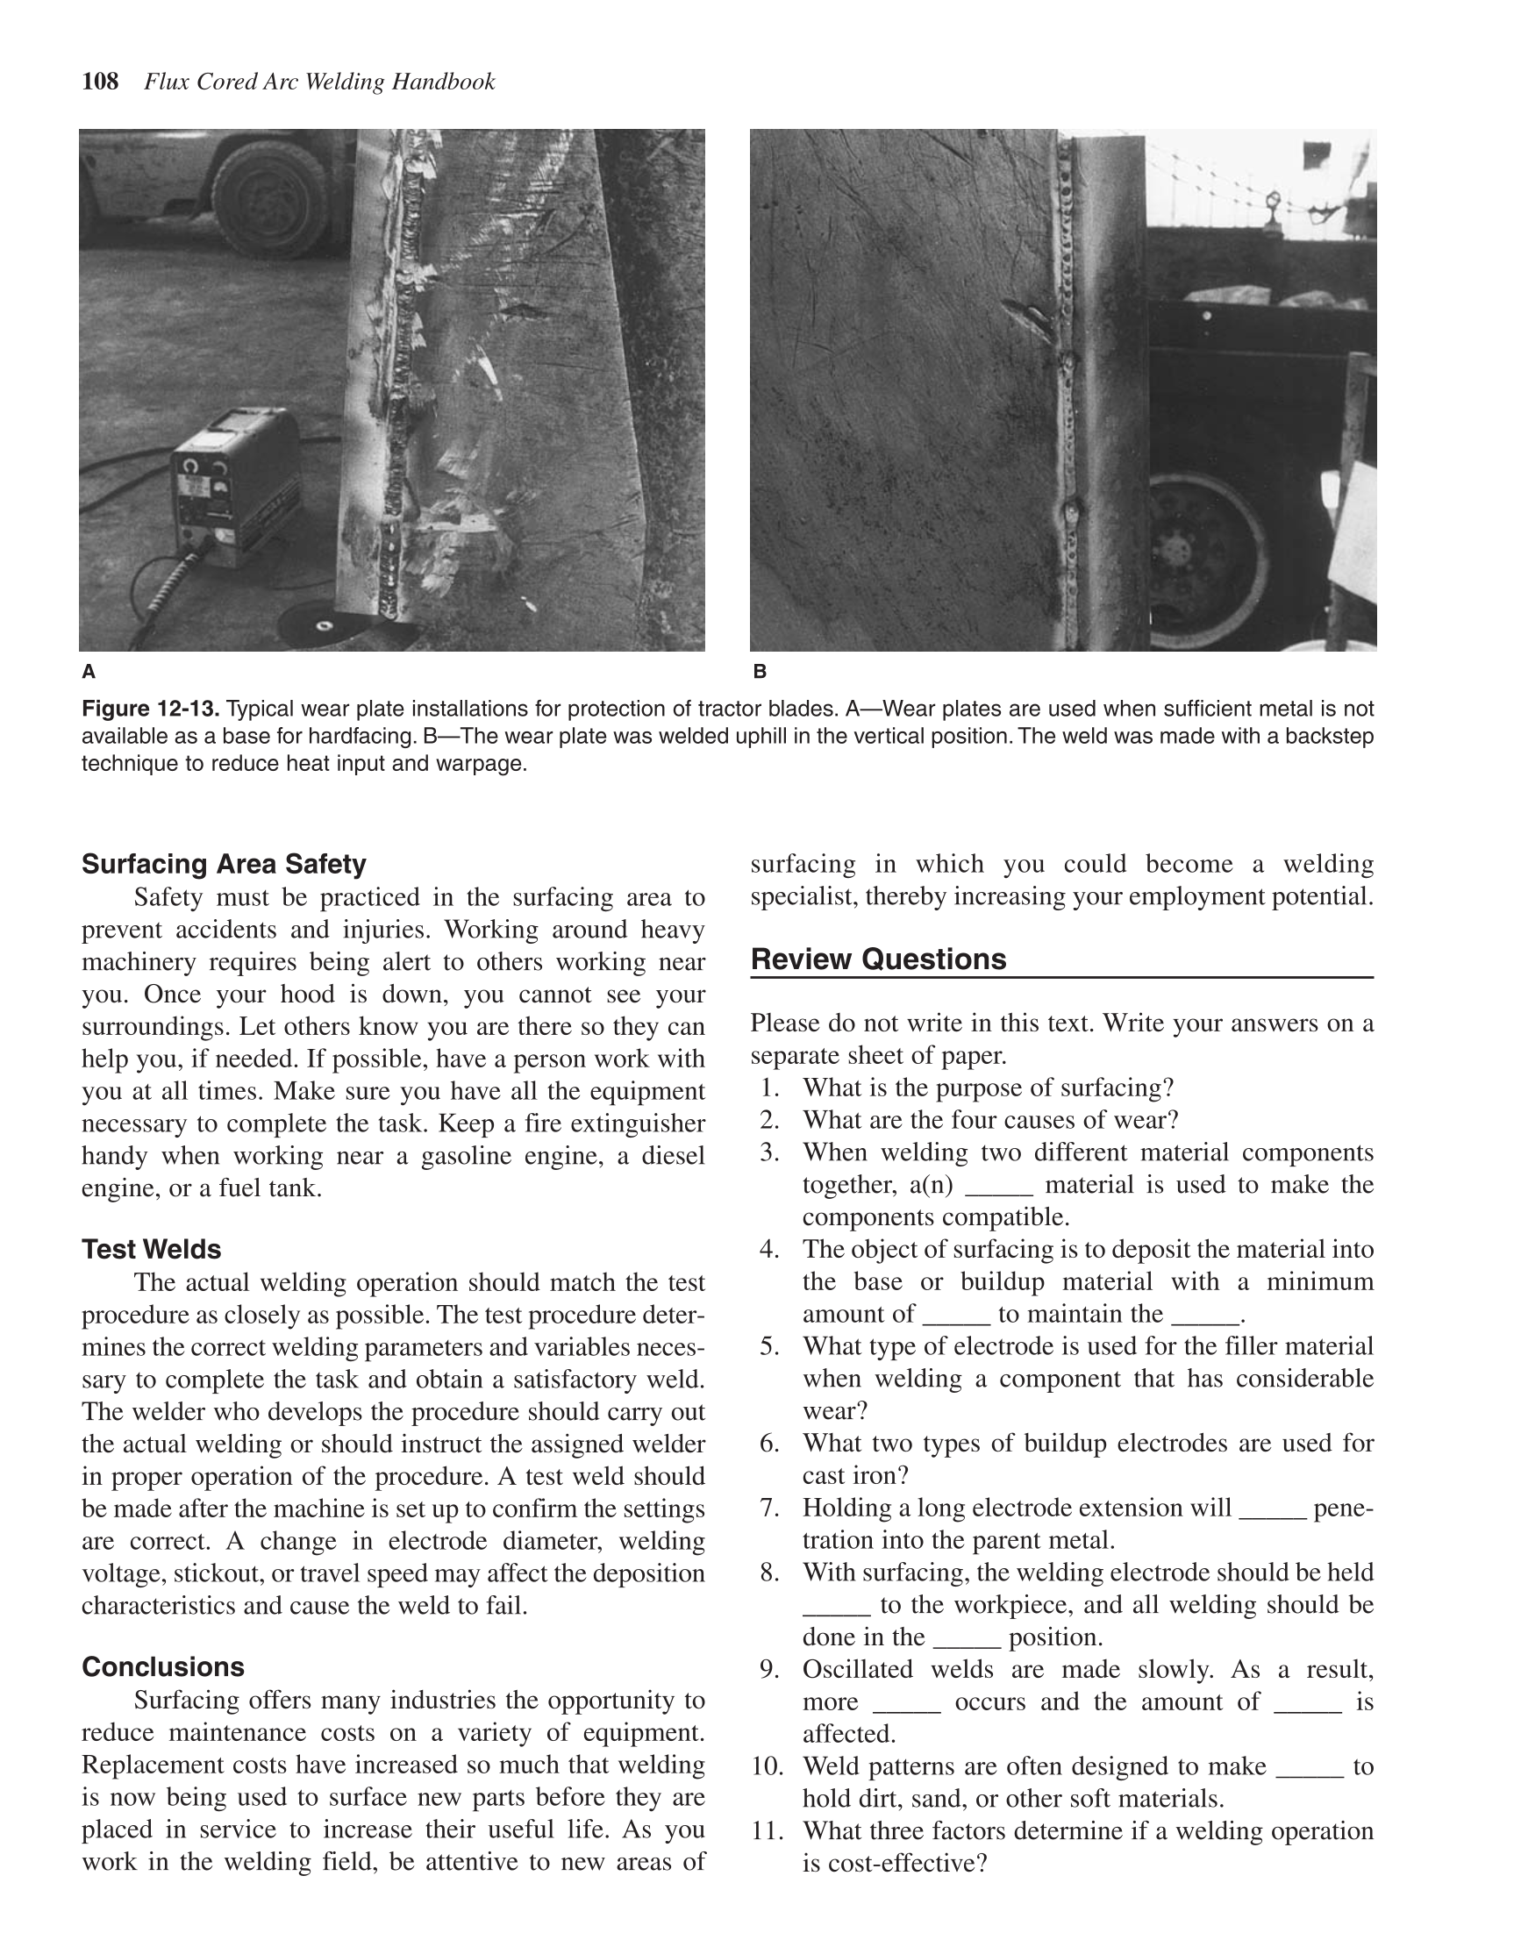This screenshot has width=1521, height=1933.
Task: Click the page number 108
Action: point(100,82)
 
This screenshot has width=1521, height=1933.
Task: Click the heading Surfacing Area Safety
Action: point(224,864)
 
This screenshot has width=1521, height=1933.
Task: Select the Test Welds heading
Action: point(152,1249)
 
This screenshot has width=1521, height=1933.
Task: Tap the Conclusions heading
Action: point(163,1666)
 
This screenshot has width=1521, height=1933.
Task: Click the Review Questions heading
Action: point(878,959)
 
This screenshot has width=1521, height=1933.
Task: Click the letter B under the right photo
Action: point(759,671)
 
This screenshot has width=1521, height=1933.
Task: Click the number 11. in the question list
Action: point(767,1830)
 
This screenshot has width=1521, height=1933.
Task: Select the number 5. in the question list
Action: point(770,1345)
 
